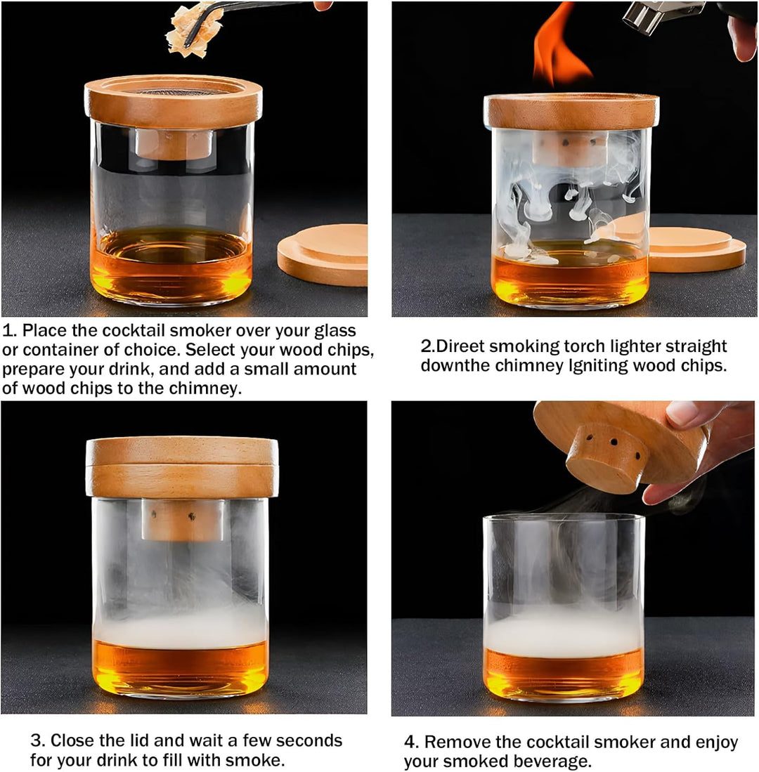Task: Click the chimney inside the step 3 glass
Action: point(182,520)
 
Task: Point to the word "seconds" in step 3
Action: point(308,740)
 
